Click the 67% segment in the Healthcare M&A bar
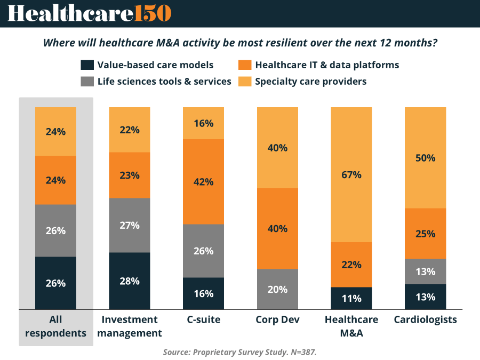click(351, 174)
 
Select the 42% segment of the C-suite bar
click(203, 181)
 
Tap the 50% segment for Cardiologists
click(425, 158)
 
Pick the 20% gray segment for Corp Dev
click(277, 289)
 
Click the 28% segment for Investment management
click(130, 281)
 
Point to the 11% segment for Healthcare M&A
click(351, 298)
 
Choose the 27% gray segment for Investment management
click(130, 225)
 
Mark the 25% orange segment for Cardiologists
click(425, 234)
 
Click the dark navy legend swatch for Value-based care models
click(87, 65)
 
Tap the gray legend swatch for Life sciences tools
click(87, 82)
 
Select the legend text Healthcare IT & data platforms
click(327, 65)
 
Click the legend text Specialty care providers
click(311, 82)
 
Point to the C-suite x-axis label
click(203, 319)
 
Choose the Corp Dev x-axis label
click(277, 319)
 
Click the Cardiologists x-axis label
click(425, 319)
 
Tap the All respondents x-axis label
click(56, 326)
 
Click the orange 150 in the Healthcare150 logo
click(153, 13)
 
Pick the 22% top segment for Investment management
click(130, 130)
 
